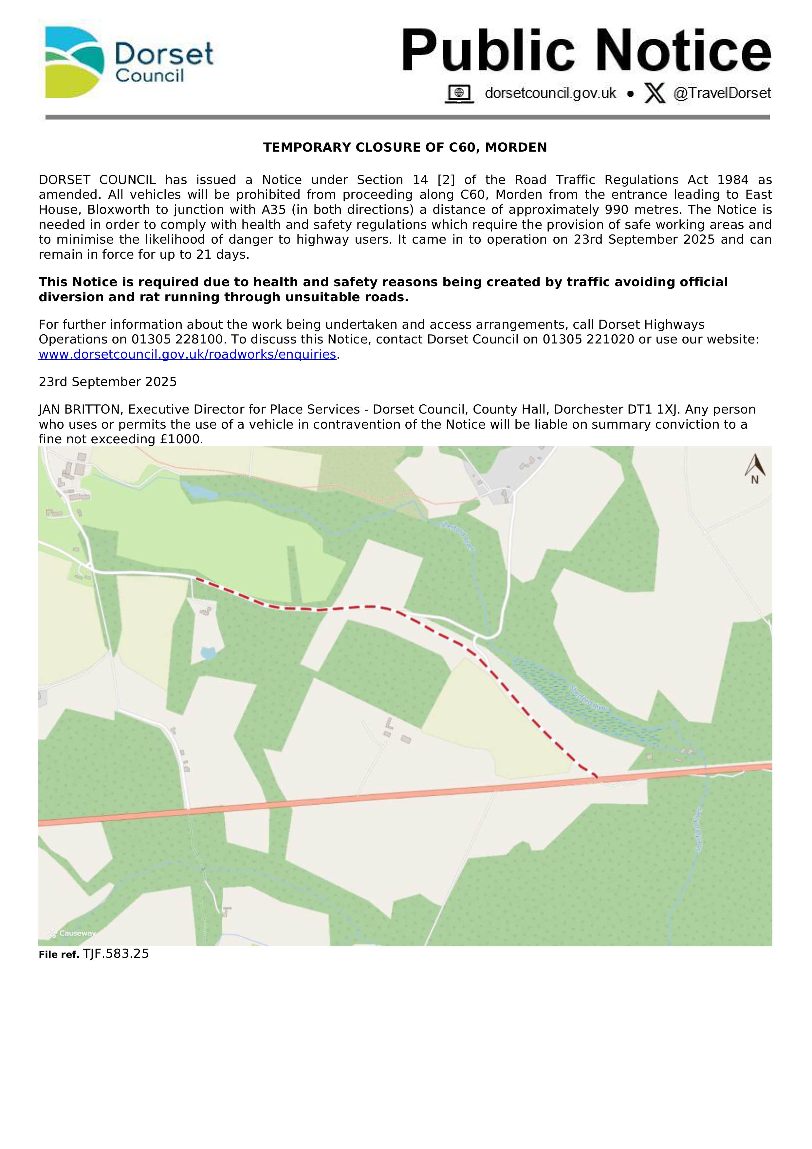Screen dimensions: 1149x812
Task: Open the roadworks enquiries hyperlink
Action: click(187, 354)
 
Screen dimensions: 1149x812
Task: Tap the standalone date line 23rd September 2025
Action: click(108, 382)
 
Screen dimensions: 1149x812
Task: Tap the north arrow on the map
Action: click(754, 468)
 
